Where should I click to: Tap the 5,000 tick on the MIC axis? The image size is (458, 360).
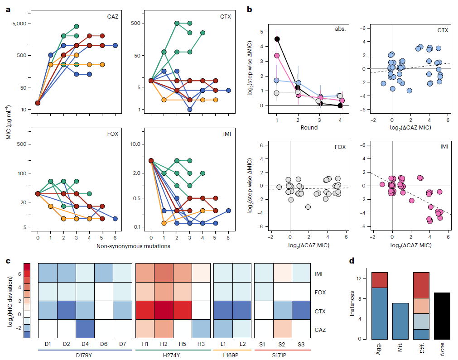pos(19,24)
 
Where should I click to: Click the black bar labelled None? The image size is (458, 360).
pos(442,316)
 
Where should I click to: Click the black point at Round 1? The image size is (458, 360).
pos(277,39)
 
